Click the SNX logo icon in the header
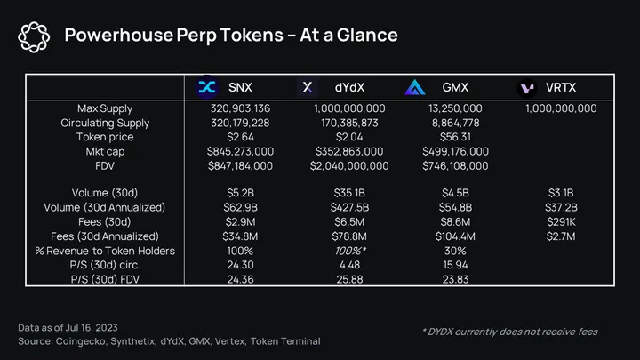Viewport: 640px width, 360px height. coord(208,87)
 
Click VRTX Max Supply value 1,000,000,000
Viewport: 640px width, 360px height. coord(560,108)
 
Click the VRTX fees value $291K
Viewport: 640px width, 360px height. coord(560,221)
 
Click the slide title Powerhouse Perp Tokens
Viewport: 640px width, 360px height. coord(231,35)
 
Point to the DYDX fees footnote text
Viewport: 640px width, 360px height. coord(509,332)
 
